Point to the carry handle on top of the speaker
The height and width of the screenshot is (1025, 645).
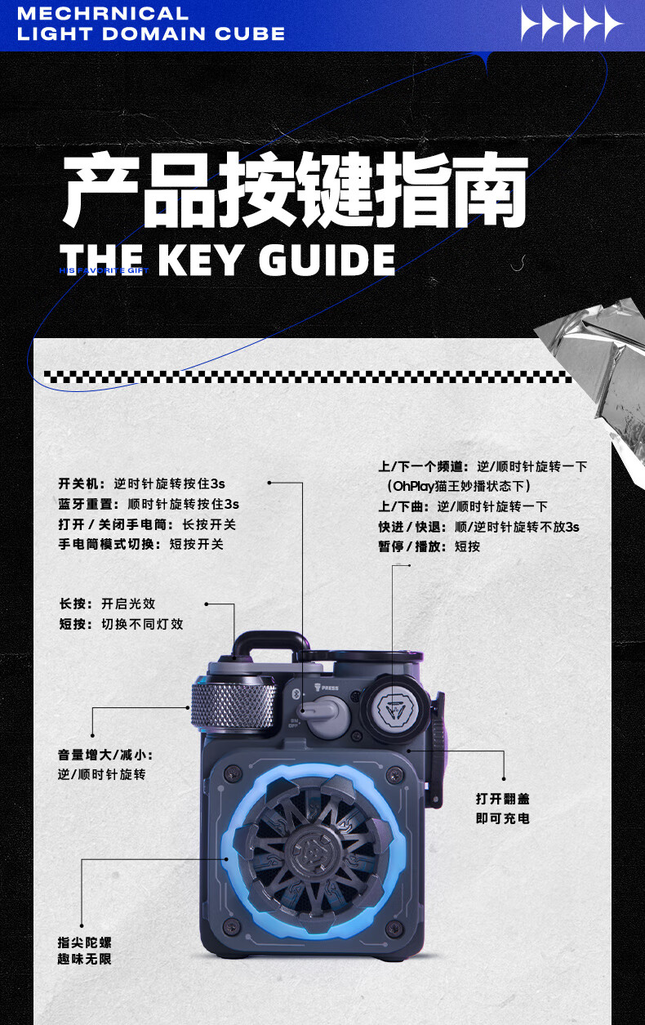[x=262, y=645]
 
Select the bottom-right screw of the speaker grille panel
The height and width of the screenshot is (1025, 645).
[x=394, y=927]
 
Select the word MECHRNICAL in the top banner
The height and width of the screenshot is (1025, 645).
[x=103, y=14]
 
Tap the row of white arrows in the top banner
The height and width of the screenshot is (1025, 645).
[x=572, y=25]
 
